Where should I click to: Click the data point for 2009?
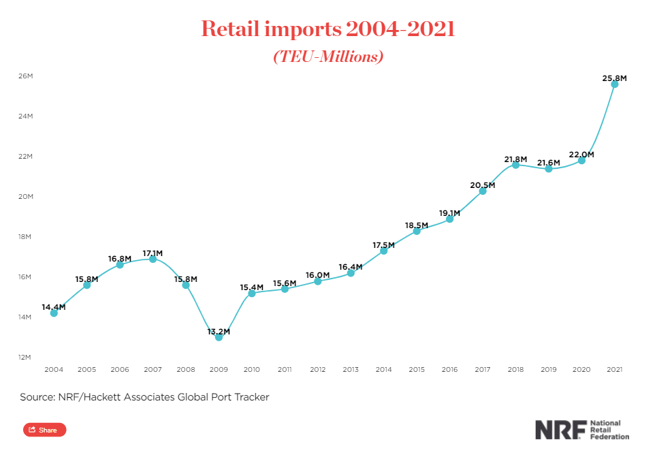pyautogui.click(x=219, y=337)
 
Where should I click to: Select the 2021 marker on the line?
pyautogui.click(x=615, y=84)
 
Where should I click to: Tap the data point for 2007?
pyautogui.click(x=152, y=259)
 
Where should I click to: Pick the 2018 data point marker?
pyautogui.click(x=515, y=165)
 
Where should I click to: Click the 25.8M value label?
pyautogui.click(x=614, y=78)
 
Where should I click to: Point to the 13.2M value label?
pyautogui.click(x=219, y=332)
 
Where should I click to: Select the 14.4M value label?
pyautogui.click(x=54, y=307)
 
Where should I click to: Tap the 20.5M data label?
pyautogui.click(x=483, y=185)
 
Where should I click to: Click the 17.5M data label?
pyautogui.click(x=384, y=245)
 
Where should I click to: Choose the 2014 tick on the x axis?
pyautogui.click(x=384, y=370)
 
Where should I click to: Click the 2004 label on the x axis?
pyautogui.click(x=54, y=370)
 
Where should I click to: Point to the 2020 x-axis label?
pyautogui.click(x=581, y=370)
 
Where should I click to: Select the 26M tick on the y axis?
pyautogui.click(x=26, y=76)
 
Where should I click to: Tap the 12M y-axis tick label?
pyautogui.click(x=26, y=358)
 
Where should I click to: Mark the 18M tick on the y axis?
pyautogui.click(x=26, y=237)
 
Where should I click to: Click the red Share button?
pyautogui.click(x=44, y=430)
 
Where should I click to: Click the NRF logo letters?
pyautogui.click(x=558, y=430)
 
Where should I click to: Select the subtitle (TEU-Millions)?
pyautogui.click(x=329, y=57)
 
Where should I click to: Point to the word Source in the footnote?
pyautogui.click(x=37, y=397)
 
